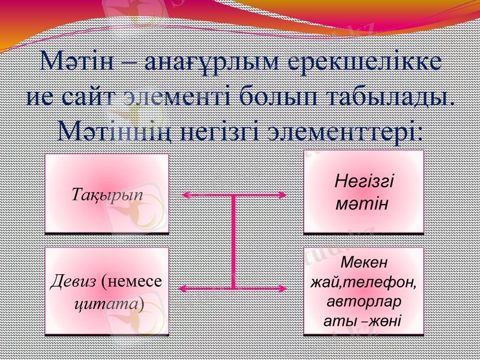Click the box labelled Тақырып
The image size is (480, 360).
(x=107, y=193)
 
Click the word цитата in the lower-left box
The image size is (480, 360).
(x=106, y=304)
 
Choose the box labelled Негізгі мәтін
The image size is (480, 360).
(x=364, y=191)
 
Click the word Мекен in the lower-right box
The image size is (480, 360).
(x=364, y=262)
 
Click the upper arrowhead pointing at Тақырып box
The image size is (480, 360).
(x=187, y=195)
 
